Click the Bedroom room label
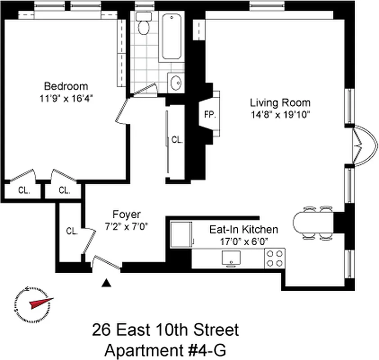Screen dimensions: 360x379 coord(66,86)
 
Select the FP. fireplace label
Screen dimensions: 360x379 coord(210,114)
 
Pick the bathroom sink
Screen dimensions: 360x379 coord(175,83)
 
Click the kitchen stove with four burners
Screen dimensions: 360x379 coord(275,258)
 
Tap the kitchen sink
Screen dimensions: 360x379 coord(231,258)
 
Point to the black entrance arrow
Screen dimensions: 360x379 coord(106,282)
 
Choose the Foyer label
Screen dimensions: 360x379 coord(126,215)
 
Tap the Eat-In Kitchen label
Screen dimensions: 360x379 coord(244,229)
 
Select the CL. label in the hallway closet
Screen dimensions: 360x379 coord(177,140)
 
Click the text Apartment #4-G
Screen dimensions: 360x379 coord(165,349)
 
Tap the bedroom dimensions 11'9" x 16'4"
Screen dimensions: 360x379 coord(66,99)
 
